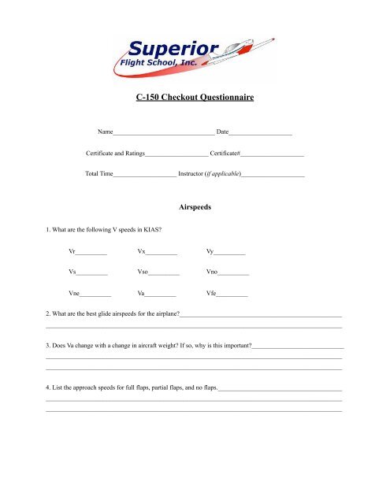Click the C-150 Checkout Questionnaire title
click(195, 98)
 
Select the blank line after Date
click(261, 132)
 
